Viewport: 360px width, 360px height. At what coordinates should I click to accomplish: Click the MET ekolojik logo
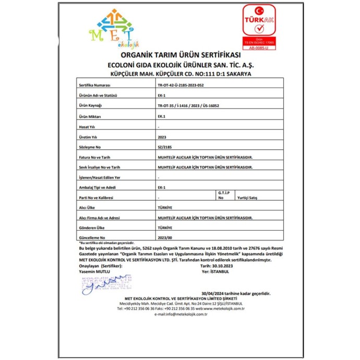coord(113,28)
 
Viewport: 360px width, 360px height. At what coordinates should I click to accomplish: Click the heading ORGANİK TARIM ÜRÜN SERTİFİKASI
coord(180,56)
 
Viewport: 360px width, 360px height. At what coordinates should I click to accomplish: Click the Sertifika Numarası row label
coord(94,84)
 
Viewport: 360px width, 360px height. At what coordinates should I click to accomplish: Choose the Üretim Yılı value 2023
coord(161,137)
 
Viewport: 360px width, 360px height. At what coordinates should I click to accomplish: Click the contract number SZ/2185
coord(164,148)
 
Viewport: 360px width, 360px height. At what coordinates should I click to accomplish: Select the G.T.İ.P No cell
coord(223,196)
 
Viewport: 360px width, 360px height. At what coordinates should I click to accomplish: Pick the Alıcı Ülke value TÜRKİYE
coord(164,208)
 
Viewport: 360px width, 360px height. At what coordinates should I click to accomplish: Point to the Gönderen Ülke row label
coord(92,228)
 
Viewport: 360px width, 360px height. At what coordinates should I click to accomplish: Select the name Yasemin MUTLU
coord(93,272)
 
